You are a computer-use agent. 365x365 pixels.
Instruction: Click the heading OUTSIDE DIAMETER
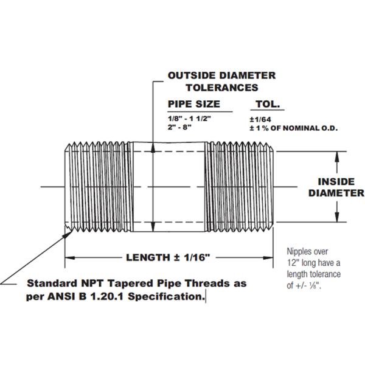tap(221, 76)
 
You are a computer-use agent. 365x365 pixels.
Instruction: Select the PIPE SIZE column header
tap(194, 104)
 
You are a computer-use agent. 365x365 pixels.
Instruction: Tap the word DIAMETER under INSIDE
tap(336, 193)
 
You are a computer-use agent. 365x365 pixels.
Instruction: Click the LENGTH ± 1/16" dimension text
tap(168, 257)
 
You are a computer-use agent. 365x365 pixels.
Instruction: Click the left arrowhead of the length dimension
tap(69, 257)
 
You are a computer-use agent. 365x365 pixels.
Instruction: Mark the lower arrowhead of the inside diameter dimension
tap(335, 220)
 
